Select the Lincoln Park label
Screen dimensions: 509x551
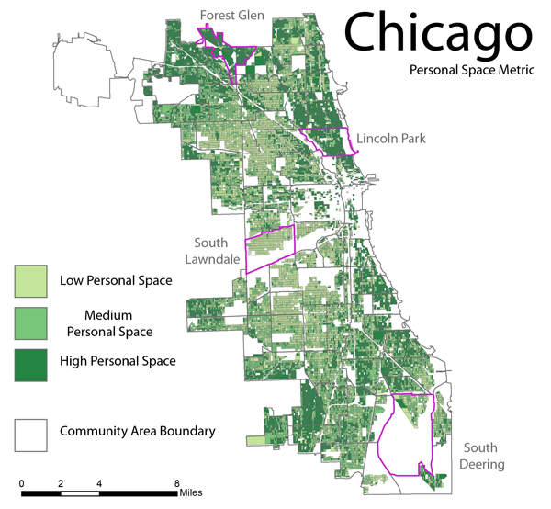click(392, 138)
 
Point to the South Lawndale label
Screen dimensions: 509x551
click(217, 252)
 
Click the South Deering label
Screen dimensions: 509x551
click(478, 456)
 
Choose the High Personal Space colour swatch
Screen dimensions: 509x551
click(31, 363)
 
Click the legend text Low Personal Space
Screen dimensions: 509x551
click(116, 280)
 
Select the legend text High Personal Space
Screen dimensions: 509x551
click(118, 361)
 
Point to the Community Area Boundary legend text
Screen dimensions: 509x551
click(138, 431)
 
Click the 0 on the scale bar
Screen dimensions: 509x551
click(22, 483)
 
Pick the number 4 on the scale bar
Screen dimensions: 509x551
click(99, 483)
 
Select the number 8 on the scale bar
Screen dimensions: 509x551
click(176, 483)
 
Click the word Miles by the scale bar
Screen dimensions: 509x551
click(191, 493)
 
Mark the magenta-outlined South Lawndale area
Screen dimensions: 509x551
click(268, 246)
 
